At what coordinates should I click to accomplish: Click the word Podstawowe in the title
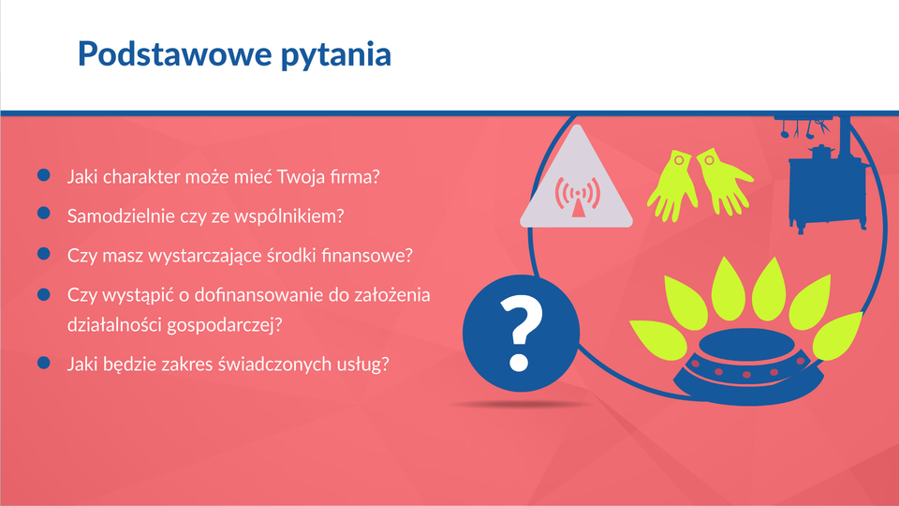click(175, 54)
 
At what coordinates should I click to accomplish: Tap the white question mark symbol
click(520, 333)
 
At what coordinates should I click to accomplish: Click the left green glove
click(672, 186)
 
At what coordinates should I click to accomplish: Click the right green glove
click(724, 181)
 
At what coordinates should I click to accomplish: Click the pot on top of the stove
click(821, 152)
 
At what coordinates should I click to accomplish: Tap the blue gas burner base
click(747, 367)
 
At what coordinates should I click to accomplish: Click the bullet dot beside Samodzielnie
click(44, 214)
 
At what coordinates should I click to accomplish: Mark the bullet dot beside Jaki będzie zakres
click(44, 363)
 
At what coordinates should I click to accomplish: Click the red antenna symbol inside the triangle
click(578, 196)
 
